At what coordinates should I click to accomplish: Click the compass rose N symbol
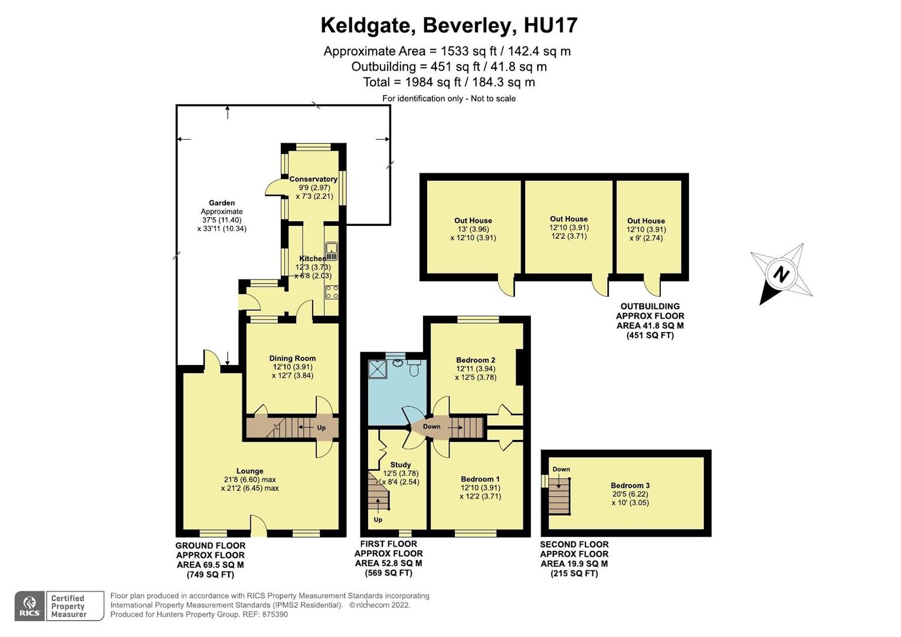click(x=781, y=275)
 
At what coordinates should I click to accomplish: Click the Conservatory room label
click(x=313, y=179)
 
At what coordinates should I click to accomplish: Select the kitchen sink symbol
click(x=332, y=251)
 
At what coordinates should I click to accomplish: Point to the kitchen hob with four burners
click(x=332, y=292)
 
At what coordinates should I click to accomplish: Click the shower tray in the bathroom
click(x=377, y=369)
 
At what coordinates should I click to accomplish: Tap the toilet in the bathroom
click(x=414, y=369)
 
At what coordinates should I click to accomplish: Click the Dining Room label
click(x=292, y=358)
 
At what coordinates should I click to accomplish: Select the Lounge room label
click(x=250, y=471)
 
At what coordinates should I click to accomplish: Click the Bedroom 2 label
click(x=476, y=360)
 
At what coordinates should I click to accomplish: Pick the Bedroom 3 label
click(x=630, y=485)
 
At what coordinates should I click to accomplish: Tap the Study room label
click(x=401, y=465)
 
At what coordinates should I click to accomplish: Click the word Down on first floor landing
click(x=431, y=426)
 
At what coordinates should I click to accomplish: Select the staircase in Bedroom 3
click(x=559, y=495)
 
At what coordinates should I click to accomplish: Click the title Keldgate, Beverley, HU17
click(x=448, y=25)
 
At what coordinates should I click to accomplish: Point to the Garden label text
click(x=221, y=203)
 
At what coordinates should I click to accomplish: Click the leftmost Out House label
click(x=473, y=221)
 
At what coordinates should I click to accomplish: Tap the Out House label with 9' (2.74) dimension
click(x=646, y=221)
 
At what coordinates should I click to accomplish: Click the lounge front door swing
click(x=257, y=524)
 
